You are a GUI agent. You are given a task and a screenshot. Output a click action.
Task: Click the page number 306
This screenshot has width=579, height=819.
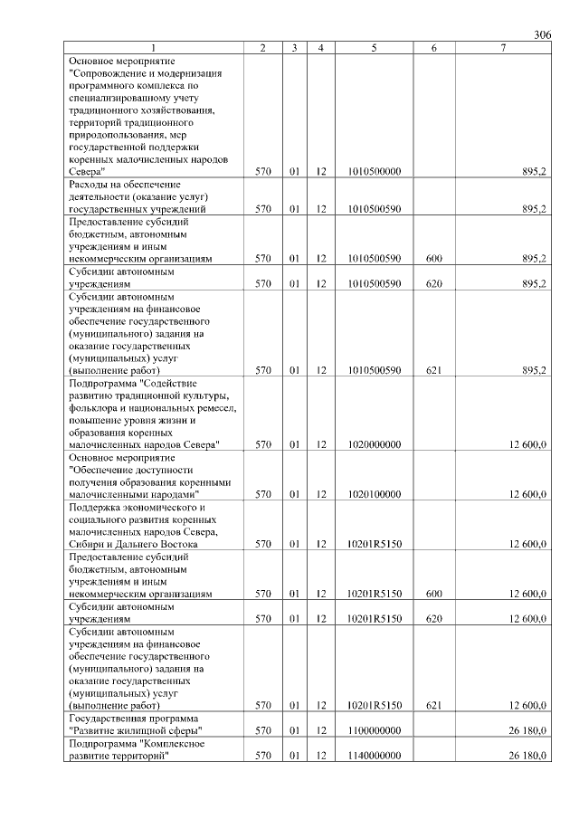[x=542, y=34]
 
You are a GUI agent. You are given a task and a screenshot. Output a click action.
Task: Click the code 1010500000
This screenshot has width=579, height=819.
[x=374, y=171]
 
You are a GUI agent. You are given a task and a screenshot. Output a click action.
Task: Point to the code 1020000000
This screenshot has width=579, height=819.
[x=374, y=444]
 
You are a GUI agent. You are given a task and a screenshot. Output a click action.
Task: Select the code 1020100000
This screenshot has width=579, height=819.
[x=374, y=494]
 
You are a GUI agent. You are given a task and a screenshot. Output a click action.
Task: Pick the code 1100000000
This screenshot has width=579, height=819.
[x=374, y=730]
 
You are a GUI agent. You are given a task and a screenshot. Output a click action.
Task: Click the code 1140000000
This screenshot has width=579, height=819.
[x=374, y=756]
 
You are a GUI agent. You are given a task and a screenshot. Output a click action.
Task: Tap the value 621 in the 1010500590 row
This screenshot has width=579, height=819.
[x=433, y=370]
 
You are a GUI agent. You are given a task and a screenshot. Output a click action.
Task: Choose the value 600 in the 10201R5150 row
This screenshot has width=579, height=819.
[x=433, y=594]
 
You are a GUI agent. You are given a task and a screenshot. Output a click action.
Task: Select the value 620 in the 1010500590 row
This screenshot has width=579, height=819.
[x=433, y=283]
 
